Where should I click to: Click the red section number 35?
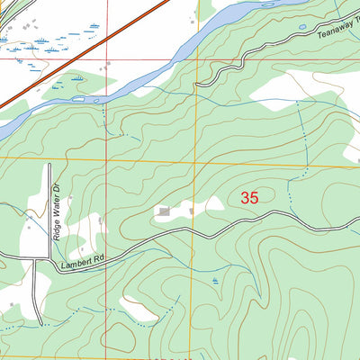(x=249, y=197)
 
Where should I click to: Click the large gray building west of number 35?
(x=164, y=211)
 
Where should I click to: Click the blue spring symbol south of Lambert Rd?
(x=215, y=281)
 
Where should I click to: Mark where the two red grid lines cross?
(x=107, y=60)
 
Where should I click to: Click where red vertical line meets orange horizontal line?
(x=107, y=158)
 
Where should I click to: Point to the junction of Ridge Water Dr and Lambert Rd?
(x=36, y=260)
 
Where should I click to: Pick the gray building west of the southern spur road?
(x=13, y=306)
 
